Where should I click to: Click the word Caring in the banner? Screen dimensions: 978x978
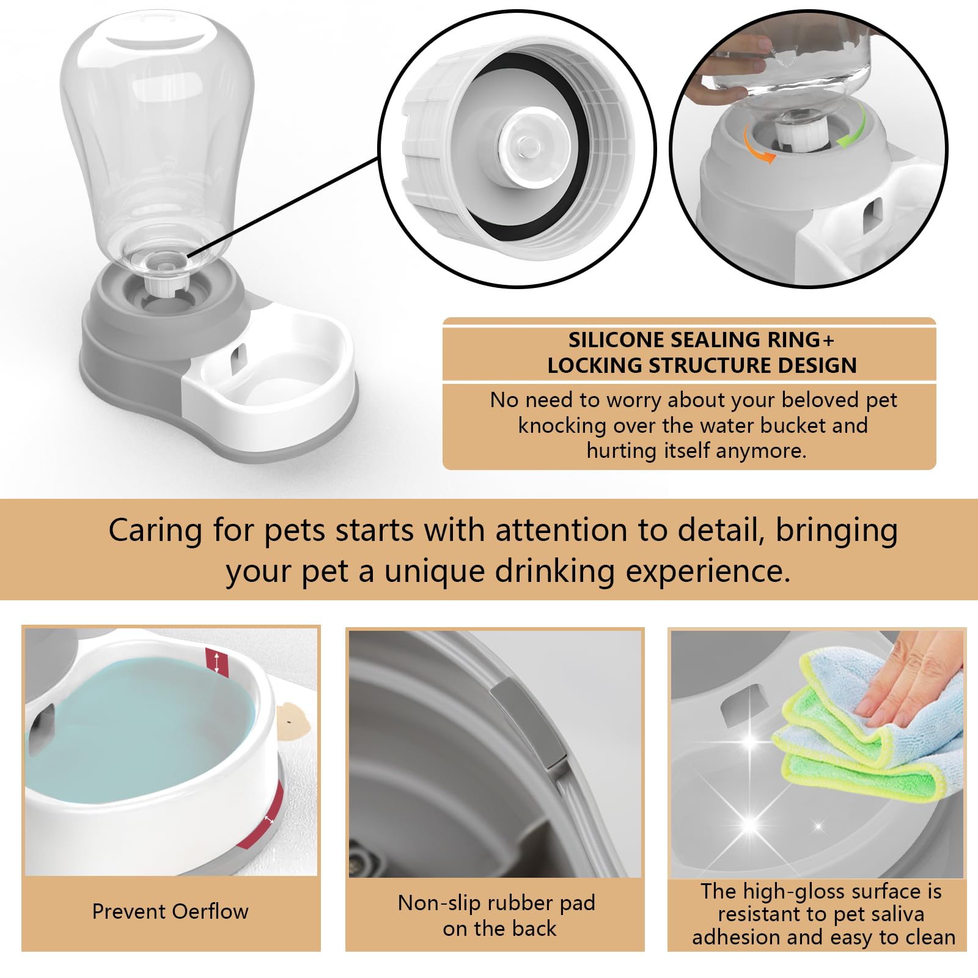point(155,531)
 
